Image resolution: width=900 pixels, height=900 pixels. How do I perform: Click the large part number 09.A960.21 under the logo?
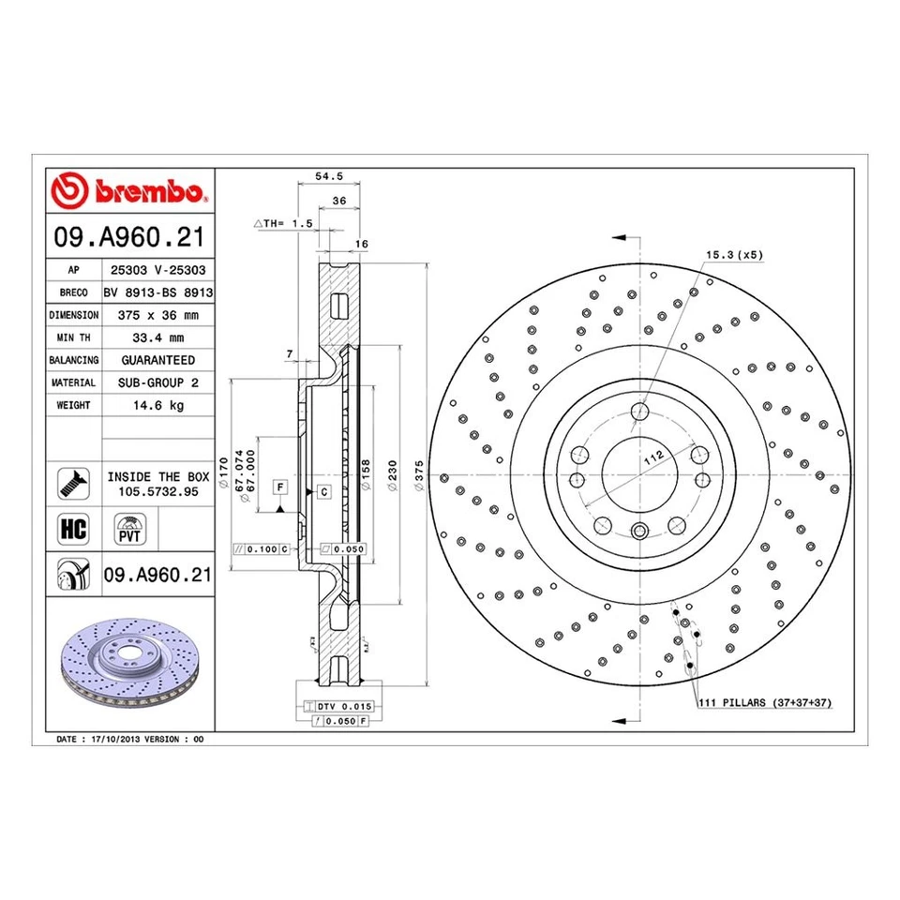coord(129,235)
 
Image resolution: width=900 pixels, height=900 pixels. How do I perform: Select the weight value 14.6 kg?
coord(157,405)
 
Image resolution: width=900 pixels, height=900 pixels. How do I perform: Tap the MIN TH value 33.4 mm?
coord(157,337)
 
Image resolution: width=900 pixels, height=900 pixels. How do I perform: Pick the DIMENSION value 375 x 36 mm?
coord(157,315)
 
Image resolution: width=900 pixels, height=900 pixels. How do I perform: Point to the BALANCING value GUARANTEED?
coord(157,360)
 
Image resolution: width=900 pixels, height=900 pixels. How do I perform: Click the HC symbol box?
coord(73,528)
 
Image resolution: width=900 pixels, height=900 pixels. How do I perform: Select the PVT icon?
coord(127,527)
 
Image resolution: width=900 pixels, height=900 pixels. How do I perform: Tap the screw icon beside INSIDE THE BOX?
coord(73,482)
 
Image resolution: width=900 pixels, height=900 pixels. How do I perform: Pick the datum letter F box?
coord(278,486)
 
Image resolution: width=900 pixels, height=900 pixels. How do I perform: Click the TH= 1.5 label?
coord(282,224)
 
